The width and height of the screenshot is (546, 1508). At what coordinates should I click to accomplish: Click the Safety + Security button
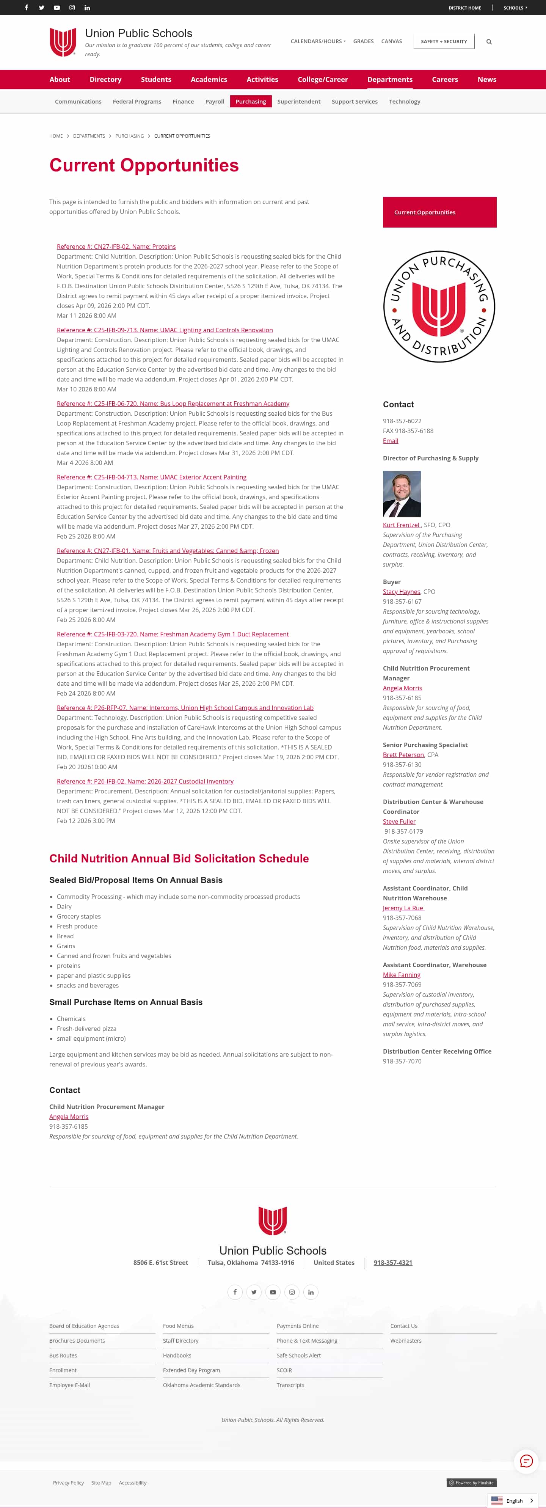point(444,42)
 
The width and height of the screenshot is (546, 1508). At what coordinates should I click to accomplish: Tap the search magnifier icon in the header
point(489,42)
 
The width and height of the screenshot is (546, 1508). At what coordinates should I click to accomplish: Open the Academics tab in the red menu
point(209,80)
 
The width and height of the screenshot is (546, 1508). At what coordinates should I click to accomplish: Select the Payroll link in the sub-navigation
point(214,102)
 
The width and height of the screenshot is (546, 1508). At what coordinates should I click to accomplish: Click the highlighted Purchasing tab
point(251,102)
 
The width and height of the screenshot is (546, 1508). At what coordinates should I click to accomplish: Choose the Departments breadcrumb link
point(89,136)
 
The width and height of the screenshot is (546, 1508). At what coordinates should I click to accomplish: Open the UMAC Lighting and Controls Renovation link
point(165,330)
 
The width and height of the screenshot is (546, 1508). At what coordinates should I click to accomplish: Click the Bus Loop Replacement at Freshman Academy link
point(173,404)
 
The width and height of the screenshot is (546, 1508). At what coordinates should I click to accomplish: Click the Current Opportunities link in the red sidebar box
point(424,212)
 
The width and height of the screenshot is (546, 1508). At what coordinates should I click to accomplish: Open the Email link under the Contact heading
point(390,441)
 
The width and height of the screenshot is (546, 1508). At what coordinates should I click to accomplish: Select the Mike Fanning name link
point(402,975)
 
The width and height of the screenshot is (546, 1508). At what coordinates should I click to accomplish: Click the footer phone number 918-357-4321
point(393,1263)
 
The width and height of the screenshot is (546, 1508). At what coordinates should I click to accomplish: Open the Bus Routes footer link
point(63,1356)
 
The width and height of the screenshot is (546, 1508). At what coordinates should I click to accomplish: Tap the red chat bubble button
point(526,1461)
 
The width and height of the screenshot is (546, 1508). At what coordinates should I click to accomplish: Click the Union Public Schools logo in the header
point(63,42)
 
